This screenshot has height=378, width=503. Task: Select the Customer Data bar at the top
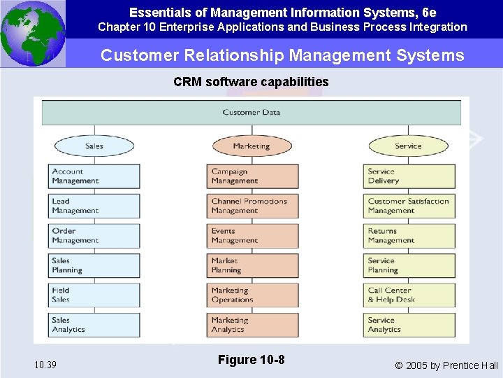[x=251, y=113]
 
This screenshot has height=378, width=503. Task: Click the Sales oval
[x=94, y=146]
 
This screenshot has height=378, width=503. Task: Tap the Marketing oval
[x=251, y=146]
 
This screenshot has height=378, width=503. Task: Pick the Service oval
[x=408, y=146]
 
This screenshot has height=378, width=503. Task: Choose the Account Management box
[x=94, y=176]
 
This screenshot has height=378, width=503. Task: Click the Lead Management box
[x=94, y=206]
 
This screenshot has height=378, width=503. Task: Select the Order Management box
[x=94, y=236]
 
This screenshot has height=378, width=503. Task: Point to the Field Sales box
[x=94, y=295]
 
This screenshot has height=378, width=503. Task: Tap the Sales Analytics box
[x=94, y=325]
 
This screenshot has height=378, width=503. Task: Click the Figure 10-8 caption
[x=251, y=360]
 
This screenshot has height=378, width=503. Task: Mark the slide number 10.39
[x=45, y=365]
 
